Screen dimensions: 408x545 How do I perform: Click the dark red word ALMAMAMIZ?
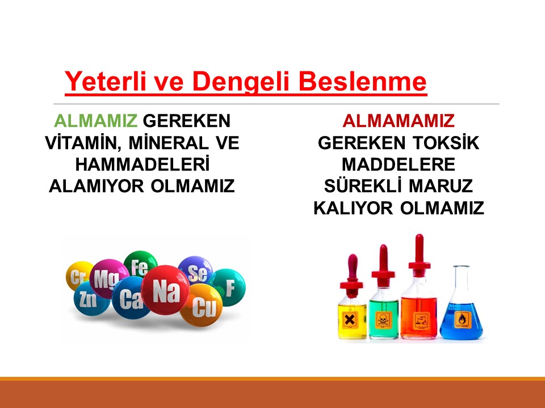point(399,121)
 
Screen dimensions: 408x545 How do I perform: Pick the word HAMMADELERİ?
point(142,164)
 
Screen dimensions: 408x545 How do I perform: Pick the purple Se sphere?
point(196,272)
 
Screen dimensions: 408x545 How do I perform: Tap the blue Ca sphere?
point(130,299)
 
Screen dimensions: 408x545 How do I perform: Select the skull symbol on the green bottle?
point(383,318)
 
